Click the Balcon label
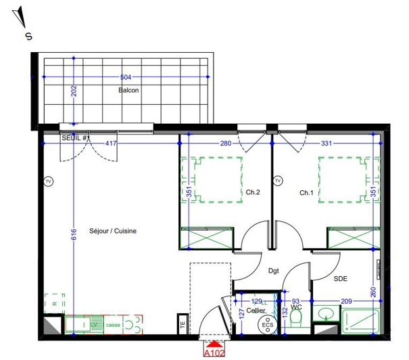click(128, 91)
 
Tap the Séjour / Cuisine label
click(113, 231)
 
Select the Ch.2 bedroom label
click(253, 193)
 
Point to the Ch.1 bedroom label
click(308, 193)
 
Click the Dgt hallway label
click(273, 271)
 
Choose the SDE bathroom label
click(340, 279)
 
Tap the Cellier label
click(256, 310)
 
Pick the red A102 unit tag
click(214, 352)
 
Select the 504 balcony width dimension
click(126, 77)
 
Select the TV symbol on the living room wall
click(48, 181)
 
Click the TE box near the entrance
click(183, 324)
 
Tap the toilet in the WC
click(295, 324)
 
